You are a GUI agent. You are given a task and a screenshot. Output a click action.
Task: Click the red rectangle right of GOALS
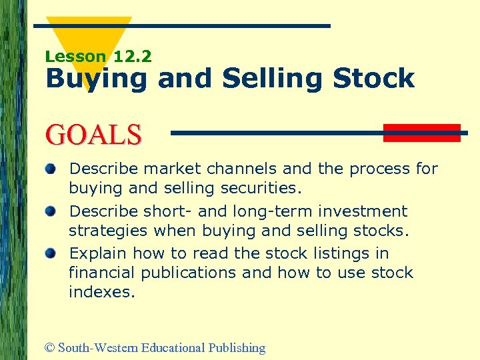422,133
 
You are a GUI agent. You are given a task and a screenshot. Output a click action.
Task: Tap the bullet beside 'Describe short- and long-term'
51,211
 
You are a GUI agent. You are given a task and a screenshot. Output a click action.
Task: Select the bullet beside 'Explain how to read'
51,254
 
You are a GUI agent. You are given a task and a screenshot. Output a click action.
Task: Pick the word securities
264,188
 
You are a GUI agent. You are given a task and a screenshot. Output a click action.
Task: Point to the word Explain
98,254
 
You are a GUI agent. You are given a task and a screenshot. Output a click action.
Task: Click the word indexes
101,292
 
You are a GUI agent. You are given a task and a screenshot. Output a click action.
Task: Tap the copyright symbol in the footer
51,348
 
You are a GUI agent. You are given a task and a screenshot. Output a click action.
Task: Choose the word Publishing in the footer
236,348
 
